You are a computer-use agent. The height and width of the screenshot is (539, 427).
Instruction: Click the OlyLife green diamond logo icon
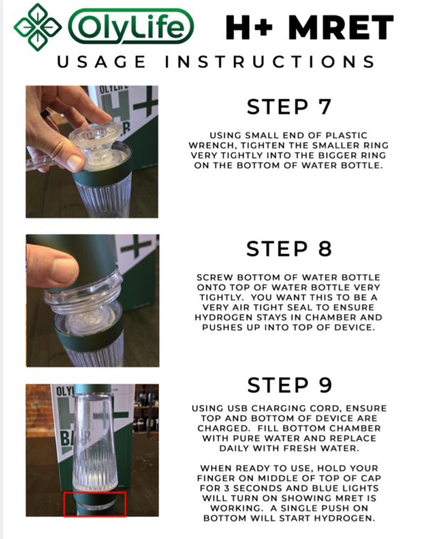click(x=38, y=27)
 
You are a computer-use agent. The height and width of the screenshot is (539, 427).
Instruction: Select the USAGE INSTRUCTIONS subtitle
click(x=216, y=62)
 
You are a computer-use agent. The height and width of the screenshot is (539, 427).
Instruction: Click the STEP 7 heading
click(x=289, y=107)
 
